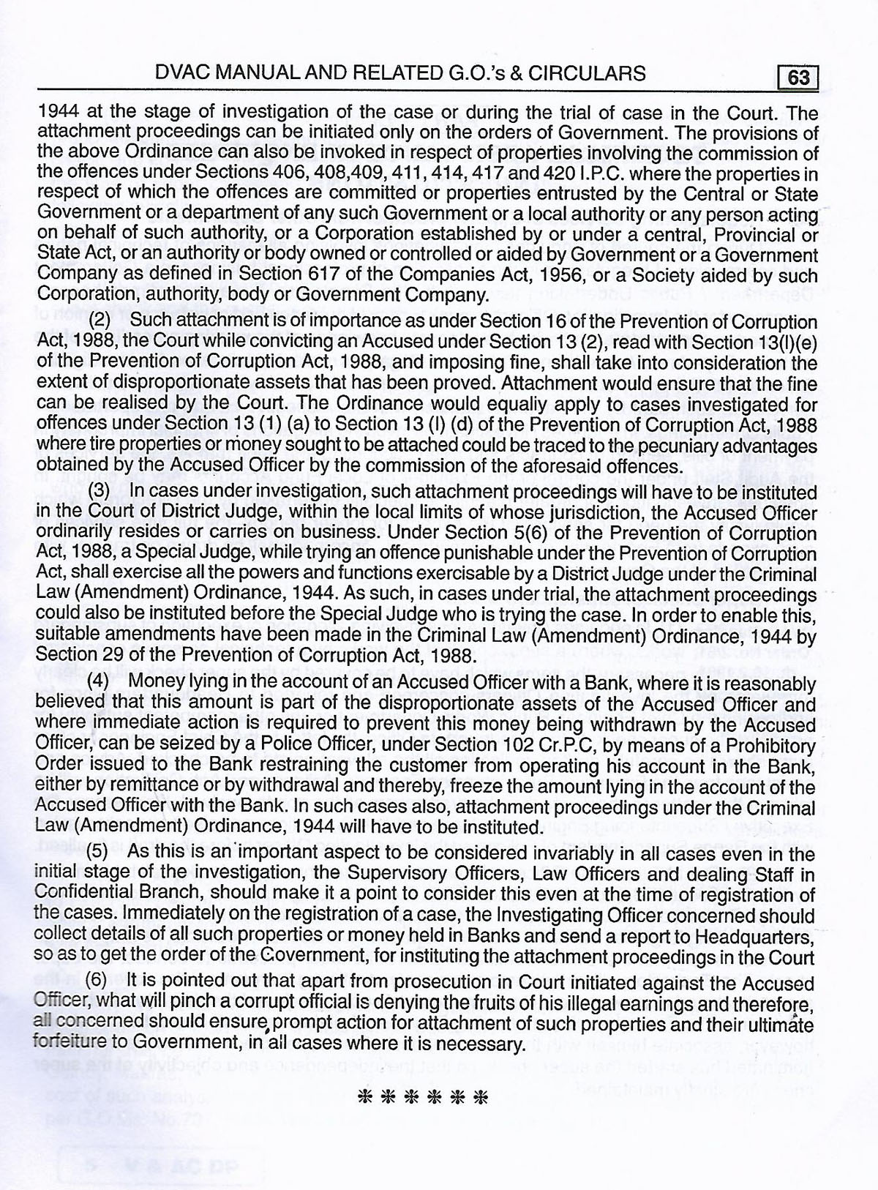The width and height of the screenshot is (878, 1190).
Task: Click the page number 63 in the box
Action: tap(798, 76)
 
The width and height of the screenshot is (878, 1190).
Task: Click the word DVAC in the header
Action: tap(172, 72)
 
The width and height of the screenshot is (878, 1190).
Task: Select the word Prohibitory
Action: tap(768, 746)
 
